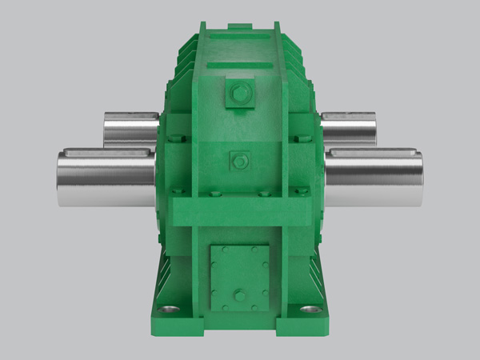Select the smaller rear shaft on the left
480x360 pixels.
pyautogui.click(x=128, y=130)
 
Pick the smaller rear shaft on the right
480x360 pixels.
pyautogui.click(x=349, y=130)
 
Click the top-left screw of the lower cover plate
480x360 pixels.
pyautogui.click(x=215, y=250)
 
